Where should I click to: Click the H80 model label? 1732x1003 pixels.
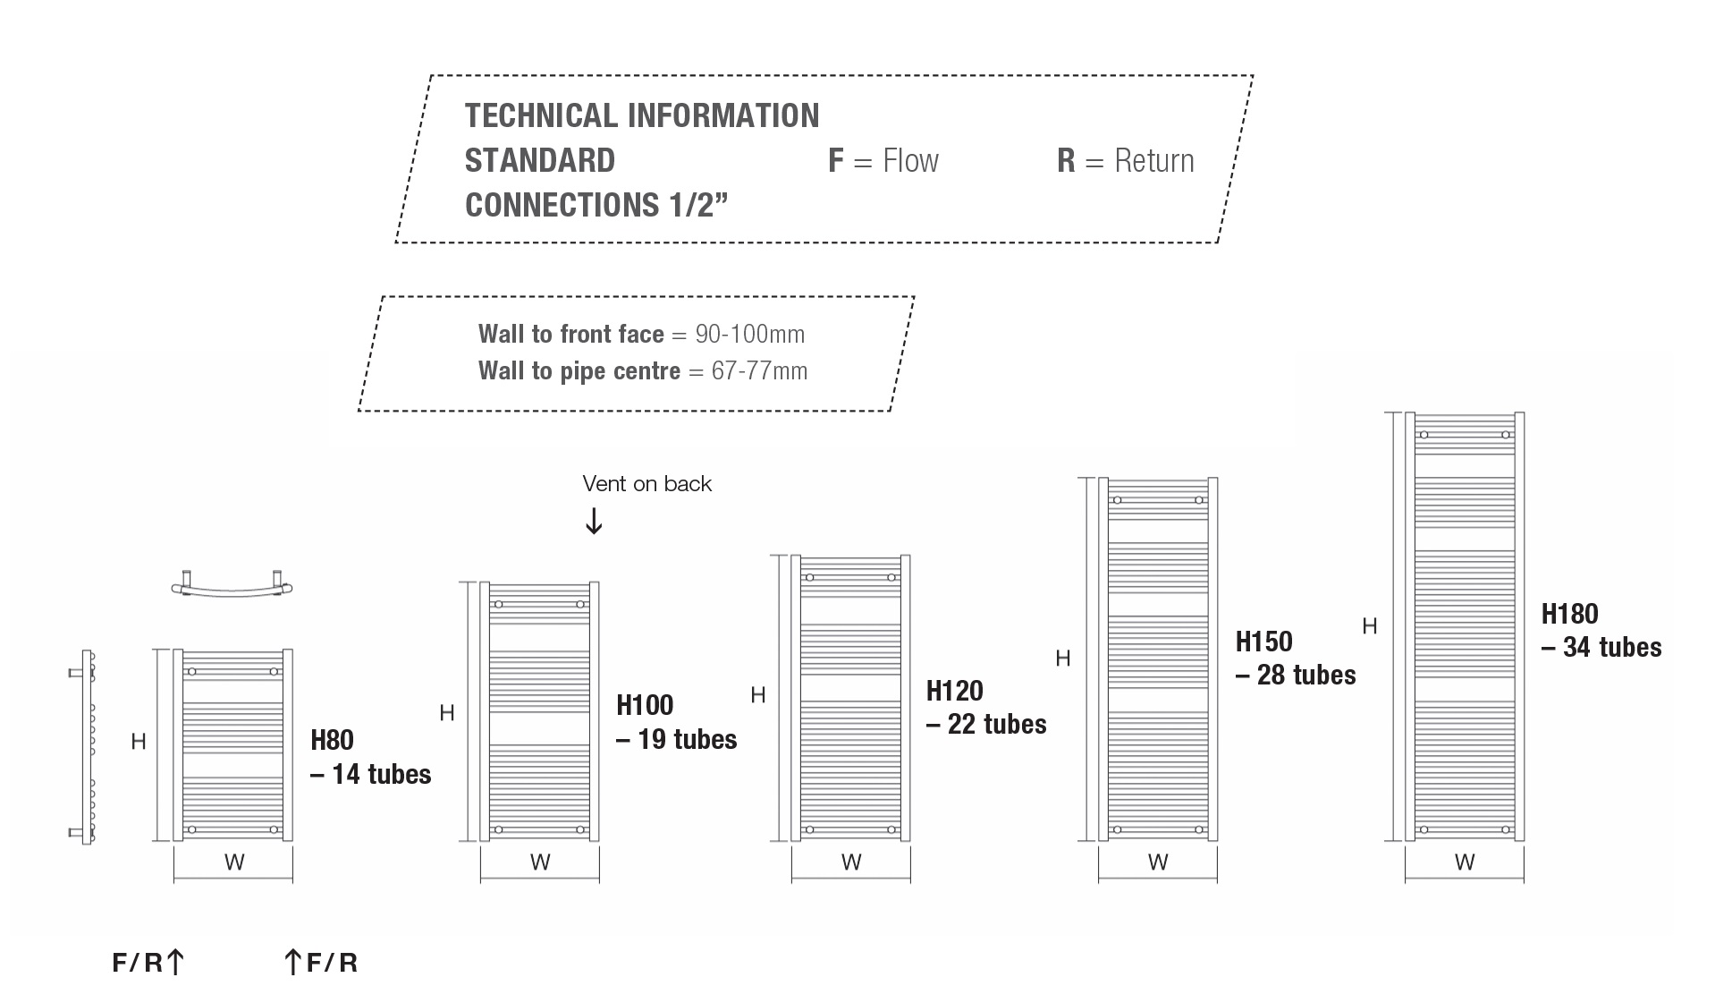click(332, 741)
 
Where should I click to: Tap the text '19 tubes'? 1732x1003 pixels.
click(687, 740)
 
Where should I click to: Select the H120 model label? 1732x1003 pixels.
click(954, 691)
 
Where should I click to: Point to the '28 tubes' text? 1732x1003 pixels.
click(1306, 676)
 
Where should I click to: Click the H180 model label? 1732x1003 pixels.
click(1569, 614)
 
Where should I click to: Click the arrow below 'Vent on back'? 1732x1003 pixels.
click(594, 521)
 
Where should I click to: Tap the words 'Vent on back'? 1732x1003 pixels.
click(646, 484)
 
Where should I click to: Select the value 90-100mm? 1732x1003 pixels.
click(749, 335)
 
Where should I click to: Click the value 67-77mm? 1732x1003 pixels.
click(759, 371)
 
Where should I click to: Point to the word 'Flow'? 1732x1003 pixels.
click(910, 161)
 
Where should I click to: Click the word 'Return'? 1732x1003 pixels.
click(1153, 161)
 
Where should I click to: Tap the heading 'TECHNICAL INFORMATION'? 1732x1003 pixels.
click(641, 115)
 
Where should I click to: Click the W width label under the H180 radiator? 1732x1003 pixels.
click(1464, 863)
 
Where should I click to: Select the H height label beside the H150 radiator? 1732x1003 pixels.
click(1062, 659)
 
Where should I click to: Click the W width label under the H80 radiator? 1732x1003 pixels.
click(233, 863)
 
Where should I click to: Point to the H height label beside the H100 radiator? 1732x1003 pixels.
click(447, 713)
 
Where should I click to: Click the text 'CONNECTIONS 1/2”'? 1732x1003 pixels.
click(596, 205)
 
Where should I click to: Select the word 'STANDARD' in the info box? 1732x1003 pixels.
click(539, 161)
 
